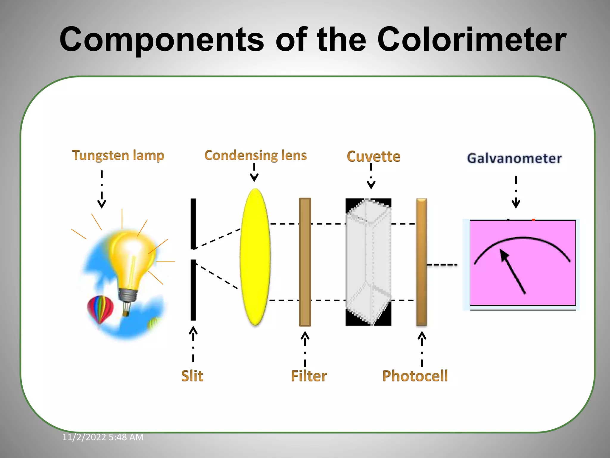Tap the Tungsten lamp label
pyautogui.click(x=118, y=155)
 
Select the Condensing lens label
pyautogui.click(x=255, y=155)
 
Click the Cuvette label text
pyautogui.click(x=374, y=157)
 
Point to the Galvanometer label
pyautogui.click(x=514, y=158)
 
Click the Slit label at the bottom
pyautogui.click(x=192, y=376)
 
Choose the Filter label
pyautogui.click(x=309, y=376)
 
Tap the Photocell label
pyautogui.click(x=415, y=376)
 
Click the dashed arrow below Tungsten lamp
pyautogui.click(x=102, y=189)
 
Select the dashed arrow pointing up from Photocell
pyautogui.click(x=422, y=349)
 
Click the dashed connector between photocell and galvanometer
pyautogui.click(x=442, y=264)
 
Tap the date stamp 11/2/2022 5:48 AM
pyautogui.click(x=103, y=437)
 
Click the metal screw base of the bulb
pyautogui.click(x=128, y=295)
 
